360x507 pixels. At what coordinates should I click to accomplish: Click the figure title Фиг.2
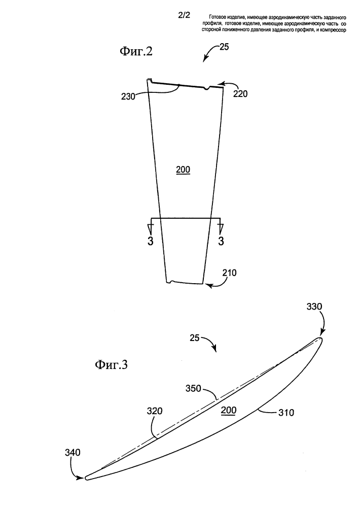pos(136,51)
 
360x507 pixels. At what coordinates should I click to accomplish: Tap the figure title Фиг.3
pos(111,365)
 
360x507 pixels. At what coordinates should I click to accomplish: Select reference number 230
pos(128,96)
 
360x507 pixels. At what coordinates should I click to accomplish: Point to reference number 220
pos(240,94)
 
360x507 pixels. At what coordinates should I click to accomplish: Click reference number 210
pos(229,273)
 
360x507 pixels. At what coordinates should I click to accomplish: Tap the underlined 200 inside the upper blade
pos(183,170)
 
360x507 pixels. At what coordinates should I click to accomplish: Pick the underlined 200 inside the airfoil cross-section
pos(229,411)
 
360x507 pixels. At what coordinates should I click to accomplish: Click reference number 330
pos(314,307)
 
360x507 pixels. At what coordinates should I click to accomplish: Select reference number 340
pos(73,453)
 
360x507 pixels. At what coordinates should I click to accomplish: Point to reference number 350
pos(193,388)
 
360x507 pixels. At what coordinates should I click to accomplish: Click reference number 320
pos(155,411)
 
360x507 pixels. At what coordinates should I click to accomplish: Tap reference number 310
pos(286,413)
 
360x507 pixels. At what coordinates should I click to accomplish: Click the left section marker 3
pos(150,241)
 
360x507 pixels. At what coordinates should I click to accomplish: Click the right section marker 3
pos(221,241)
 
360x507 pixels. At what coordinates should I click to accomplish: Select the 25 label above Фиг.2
pos(224,47)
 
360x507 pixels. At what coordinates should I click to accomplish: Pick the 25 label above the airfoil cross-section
pos(195,338)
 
